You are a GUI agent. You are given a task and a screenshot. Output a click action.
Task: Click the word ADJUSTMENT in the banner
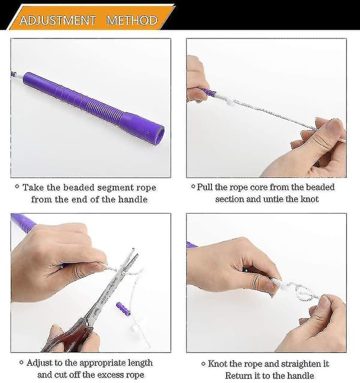coord(58,20)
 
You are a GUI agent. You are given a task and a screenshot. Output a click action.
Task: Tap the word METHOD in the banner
coord(132,20)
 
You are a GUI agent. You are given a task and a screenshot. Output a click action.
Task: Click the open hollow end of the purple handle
coord(159,135)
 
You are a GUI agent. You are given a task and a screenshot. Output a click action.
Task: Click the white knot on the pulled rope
coord(229,101)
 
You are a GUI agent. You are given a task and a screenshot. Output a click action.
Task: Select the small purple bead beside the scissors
coord(123,309)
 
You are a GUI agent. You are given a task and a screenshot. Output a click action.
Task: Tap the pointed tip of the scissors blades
coord(133,249)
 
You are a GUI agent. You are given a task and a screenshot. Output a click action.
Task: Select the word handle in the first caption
coord(133,199)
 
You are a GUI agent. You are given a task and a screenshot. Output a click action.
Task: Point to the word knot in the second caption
coord(309,199)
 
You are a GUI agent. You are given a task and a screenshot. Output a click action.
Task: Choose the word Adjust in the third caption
coord(40,363)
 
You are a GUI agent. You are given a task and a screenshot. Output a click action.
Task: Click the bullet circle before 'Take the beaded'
coord(17,186)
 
